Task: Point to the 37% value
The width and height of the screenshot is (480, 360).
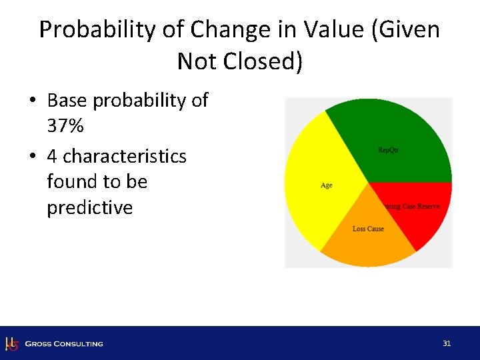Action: pyautogui.click(x=65, y=126)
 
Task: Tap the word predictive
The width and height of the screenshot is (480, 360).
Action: pyautogui.click(x=89, y=208)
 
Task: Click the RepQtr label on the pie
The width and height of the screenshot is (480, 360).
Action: pyautogui.click(x=388, y=150)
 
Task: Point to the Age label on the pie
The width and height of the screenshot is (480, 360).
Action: pyautogui.click(x=326, y=185)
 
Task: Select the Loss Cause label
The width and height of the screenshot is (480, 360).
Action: pyautogui.click(x=368, y=229)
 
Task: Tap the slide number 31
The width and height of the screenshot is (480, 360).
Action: pyautogui.click(x=447, y=343)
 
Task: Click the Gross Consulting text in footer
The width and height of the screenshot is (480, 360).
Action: pyautogui.click(x=64, y=344)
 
